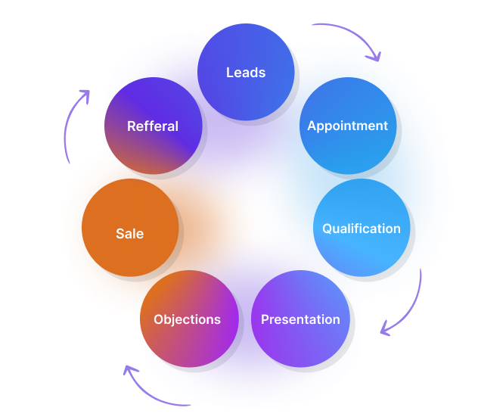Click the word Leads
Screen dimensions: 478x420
point(246,73)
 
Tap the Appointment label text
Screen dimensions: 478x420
point(347,126)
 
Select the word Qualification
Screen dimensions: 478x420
point(362,229)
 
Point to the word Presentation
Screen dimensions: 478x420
point(300,319)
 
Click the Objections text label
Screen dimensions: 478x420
point(187,319)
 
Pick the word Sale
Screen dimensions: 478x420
point(130,234)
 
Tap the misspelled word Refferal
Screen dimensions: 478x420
point(153,126)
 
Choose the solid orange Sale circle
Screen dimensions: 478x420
point(130,228)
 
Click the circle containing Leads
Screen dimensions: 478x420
point(246,72)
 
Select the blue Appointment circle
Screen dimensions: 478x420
point(348,126)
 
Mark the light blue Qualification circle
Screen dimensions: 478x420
point(362,228)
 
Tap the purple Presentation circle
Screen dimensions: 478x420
point(300,319)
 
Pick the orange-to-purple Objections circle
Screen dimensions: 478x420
point(189,319)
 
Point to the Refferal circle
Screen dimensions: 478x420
point(154,126)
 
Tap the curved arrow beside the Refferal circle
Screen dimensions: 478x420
point(69,119)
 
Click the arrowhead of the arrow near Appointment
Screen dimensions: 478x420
point(376,57)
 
